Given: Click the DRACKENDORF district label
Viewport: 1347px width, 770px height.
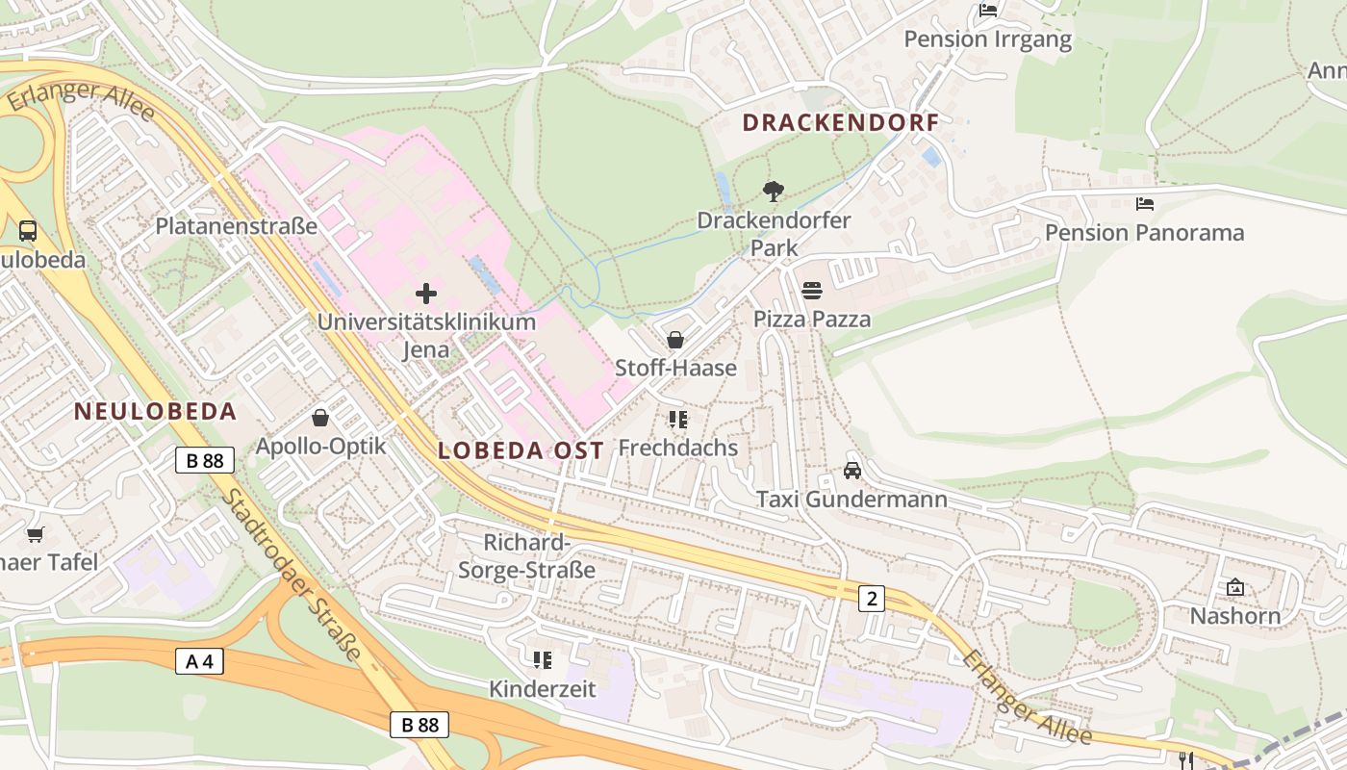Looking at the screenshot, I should pyautogui.click(x=840, y=122).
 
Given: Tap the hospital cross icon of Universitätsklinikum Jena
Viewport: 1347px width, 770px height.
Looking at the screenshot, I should pyautogui.click(x=426, y=294).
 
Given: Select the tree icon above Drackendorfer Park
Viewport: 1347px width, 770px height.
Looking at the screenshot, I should pyautogui.click(x=773, y=191).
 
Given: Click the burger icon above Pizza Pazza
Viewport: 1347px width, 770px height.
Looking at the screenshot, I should pyautogui.click(x=812, y=291).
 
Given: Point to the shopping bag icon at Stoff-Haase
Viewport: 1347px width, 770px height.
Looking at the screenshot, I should pyautogui.click(x=675, y=340).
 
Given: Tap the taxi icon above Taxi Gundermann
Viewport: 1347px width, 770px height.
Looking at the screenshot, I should pyautogui.click(x=852, y=470).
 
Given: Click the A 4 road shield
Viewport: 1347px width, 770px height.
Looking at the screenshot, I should pyautogui.click(x=200, y=661).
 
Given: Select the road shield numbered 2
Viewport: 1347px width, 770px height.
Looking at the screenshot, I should pyautogui.click(x=872, y=599).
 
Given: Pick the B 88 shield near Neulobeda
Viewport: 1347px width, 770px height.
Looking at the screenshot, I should pyautogui.click(x=205, y=460).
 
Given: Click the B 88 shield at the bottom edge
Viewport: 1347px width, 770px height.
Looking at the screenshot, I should pyautogui.click(x=419, y=725).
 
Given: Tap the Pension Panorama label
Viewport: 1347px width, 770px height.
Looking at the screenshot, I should pyautogui.click(x=1144, y=233).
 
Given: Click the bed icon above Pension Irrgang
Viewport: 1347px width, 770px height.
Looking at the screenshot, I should pyautogui.click(x=988, y=11).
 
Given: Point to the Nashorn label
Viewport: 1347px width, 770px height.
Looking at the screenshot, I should pyautogui.click(x=1235, y=616).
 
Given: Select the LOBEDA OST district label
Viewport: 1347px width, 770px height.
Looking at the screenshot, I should pyautogui.click(x=521, y=450).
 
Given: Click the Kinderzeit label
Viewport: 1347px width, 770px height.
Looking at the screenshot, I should pyautogui.click(x=543, y=689).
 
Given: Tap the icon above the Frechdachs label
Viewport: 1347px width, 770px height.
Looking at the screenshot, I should pyautogui.click(x=678, y=420).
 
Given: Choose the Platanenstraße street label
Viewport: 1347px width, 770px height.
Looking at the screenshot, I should pyautogui.click(x=237, y=227).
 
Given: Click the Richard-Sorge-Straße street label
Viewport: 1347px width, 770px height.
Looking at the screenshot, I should pyautogui.click(x=526, y=555).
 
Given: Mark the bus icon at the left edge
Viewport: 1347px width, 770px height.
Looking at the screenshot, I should pyautogui.click(x=28, y=231).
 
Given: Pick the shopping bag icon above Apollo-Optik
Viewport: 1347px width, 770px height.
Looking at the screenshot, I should pyautogui.click(x=320, y=418).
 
